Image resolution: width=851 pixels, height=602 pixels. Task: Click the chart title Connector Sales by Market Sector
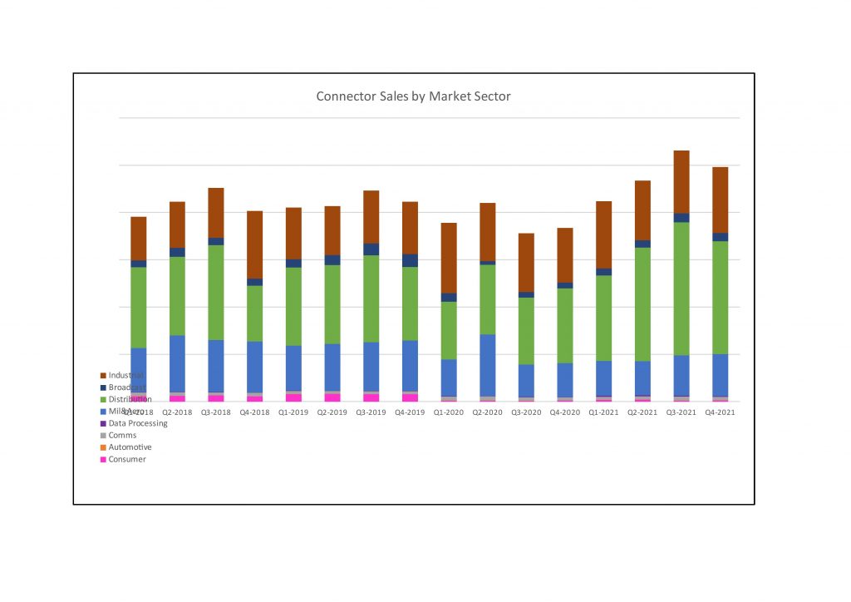pyautogui.click(x=413, y=96)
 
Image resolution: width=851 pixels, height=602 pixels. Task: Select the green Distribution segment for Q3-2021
pyautogui.click(x=681, y=289)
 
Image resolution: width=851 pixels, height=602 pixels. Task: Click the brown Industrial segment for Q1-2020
pyautogui.click(x=449, y=258)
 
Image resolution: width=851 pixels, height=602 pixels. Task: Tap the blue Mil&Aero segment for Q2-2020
pyautogui.click(x=487, y=365)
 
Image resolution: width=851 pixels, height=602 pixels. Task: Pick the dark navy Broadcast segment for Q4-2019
pyautogui.click(x=410, y=260)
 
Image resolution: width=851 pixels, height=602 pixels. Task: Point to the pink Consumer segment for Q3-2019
pyautogui.click(x=371, y=397)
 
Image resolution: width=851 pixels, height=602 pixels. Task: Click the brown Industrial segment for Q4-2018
pyautogui.click(x=254, y=244)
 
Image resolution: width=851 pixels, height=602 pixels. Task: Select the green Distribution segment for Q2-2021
pyautogui.click(x=642, y=304)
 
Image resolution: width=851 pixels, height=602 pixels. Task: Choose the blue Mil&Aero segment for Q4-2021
pyautogui.click(x=720, y=375)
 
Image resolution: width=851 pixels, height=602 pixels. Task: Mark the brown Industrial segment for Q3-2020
pyautogui.click(x=526, y=262)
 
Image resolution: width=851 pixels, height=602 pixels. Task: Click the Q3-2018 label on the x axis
pyautogui.click(x=216, y=412)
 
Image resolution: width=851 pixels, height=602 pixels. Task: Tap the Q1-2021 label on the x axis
pyautogui.click(x=603, y=412)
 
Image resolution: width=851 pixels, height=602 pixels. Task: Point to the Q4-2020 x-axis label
pyautogui.click(x=564, y=412)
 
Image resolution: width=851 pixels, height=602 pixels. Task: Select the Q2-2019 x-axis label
pyautogui.click(x=332, y=412)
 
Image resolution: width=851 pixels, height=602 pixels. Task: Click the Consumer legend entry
pyautogui.click(x=126, y=460)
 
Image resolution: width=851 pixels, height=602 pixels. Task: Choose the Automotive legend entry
pyautogui.click(x=130, y=447)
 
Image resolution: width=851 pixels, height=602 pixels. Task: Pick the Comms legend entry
pyautogui.click(x=122, y=436)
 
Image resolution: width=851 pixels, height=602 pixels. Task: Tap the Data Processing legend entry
pyautogui.click(x=137, y=423)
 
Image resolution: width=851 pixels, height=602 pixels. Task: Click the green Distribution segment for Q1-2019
pyautogui.click(x=293, y=306)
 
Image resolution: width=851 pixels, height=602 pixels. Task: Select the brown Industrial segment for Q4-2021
pyautogui.click(x=720, y=200)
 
